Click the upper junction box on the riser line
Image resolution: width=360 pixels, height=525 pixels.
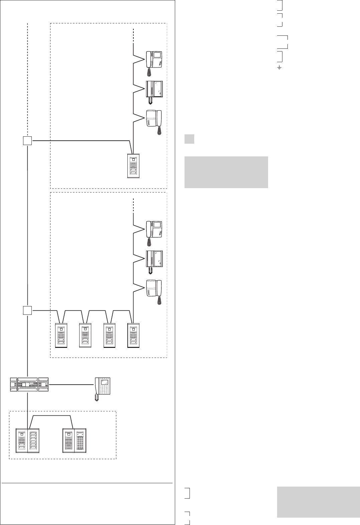click(x=27, y=141)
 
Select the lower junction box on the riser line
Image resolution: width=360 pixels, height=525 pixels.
click(x=27, y=310)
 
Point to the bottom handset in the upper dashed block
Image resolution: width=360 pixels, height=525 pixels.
click(x=154, y=120)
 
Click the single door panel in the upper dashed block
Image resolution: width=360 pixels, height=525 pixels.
click(x=133, y=166)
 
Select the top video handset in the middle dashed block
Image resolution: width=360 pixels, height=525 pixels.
click(x=154, y=230)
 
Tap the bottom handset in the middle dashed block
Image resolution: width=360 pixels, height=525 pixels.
click(x=154, y=290)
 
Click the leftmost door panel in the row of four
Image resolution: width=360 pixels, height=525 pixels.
click(x=61, y=336)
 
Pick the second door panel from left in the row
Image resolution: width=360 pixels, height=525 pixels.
click(x=85, y=336)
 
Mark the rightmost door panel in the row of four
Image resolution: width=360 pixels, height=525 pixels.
click(x=134, y=336)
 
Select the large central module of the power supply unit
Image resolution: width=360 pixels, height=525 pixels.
click(x=27, y=385)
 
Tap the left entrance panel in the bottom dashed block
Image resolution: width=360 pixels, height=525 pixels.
click(x=28, y=441)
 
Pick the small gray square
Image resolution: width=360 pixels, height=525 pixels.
click(x=190, y=139)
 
